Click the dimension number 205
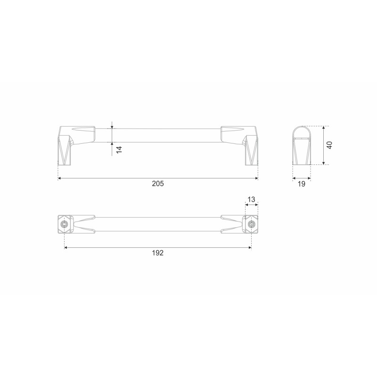158,184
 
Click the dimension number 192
158,253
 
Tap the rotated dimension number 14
119,149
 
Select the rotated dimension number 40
329,145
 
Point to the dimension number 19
302,184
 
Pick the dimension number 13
251,199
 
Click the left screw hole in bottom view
65,224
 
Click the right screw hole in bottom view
252,224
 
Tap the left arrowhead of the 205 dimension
59,178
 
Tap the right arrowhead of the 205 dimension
256,178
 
